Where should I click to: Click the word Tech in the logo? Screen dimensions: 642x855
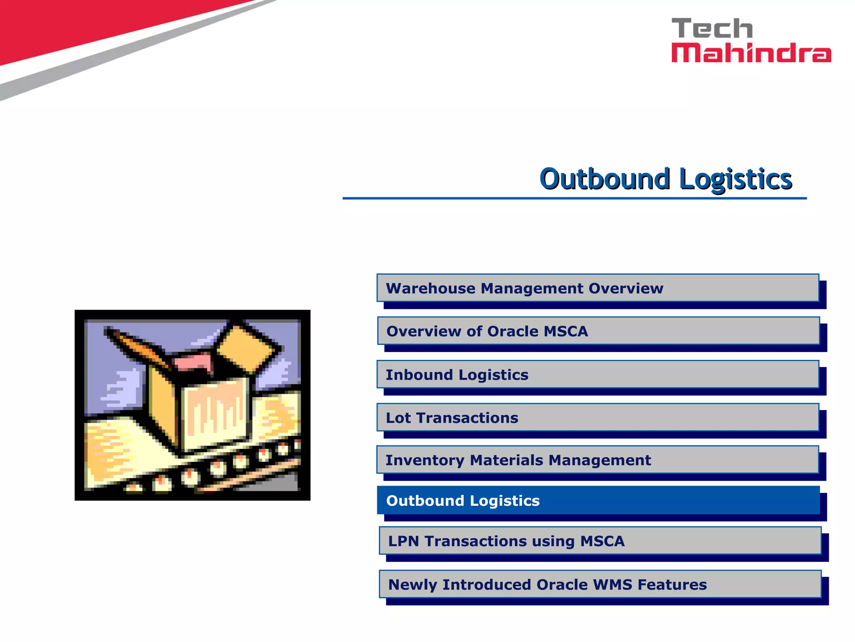tap(712, 28)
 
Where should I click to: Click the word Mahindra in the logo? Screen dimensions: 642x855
tap(751, 53)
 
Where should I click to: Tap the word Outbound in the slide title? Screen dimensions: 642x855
tap(604, 179)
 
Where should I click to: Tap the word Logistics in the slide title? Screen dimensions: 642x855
tap(736, 180)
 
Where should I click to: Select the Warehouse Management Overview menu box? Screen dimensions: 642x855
tap(597, 288)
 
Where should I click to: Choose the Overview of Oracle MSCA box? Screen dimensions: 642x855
tap(598, 331)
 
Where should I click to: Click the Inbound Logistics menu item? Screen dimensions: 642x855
tap(597, 374)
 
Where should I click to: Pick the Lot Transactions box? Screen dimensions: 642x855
tap(597, 418)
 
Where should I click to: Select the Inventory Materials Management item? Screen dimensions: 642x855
tap(597, 460)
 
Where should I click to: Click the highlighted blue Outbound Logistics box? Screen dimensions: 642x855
tap(598, 500)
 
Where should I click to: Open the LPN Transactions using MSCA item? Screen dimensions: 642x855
tap(600, 541)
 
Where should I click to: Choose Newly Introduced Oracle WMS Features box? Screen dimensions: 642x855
tap(600, 584)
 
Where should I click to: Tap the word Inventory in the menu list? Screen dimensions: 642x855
tap(424, 460)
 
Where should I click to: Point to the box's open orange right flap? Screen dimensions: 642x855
tap(248, 348)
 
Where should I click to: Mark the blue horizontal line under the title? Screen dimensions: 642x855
tap(574, 198)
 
